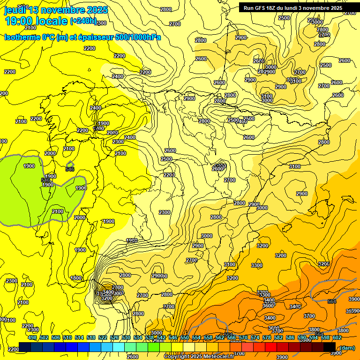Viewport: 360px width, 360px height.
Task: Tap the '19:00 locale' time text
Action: click(x=36, y=21)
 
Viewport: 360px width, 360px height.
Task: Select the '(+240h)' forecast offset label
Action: click(x=83, y=21)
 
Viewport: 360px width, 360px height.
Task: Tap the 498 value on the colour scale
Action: click(x=32, y=337)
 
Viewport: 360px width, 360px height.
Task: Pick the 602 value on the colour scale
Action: click(x=337, y=337)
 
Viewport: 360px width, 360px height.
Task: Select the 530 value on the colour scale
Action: click(x=126, y=337)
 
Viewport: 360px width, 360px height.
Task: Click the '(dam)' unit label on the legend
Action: click(x=347, y=348)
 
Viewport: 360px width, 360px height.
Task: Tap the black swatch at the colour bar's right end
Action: click(x=330, y=347)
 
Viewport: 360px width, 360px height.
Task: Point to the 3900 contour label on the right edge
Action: click(x=354, y=299)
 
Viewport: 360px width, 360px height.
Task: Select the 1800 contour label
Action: click(x=76, y=278)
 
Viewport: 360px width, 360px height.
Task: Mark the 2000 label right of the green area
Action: click(x=80, y=217)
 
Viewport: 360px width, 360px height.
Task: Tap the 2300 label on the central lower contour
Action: click(x=164, y=212)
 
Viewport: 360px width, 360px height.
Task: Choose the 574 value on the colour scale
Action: click(x=255, y=337)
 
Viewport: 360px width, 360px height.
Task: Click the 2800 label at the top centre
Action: click(x=165, y=9)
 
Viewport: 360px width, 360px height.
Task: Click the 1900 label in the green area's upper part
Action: click(x=29, y=166)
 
